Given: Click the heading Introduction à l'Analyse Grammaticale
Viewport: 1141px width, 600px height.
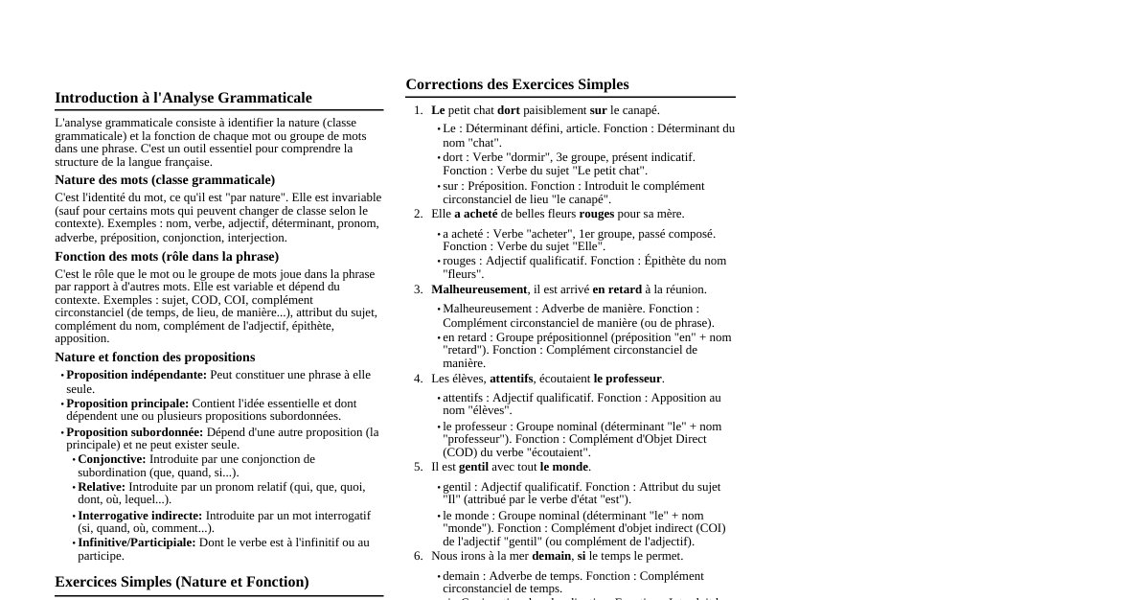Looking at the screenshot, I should (x=183, y=98).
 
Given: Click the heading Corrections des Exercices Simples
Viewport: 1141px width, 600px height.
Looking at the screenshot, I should (x=516, y=84).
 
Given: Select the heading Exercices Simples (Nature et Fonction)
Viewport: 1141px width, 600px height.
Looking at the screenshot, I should (x=181, y=582).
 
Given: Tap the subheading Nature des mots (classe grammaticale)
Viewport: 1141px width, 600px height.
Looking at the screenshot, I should (x=165, y=180).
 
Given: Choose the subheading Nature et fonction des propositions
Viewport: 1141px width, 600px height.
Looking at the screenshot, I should (x=154, y=358).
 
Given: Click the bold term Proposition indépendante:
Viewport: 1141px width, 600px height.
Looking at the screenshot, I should (x=136, y=375).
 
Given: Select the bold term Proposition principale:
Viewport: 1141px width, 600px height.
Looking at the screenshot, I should (x=127, y=404).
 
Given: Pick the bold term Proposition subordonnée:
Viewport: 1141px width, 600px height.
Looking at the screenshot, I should (x=134, y=432).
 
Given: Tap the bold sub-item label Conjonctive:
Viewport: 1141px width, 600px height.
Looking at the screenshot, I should (x=111, y=459).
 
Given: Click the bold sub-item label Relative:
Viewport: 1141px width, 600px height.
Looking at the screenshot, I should (x=101, y=487).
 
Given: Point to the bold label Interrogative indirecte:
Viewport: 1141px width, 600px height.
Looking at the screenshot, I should (x=140, y=516).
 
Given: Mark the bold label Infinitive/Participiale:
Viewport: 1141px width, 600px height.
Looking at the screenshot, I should (x=136, y=542).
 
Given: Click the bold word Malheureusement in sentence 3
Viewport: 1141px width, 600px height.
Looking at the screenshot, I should (x=479, y=289).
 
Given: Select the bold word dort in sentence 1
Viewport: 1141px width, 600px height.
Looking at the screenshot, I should (x=508, y=110).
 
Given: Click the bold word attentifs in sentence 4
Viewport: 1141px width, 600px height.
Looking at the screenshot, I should (x=511, y=379).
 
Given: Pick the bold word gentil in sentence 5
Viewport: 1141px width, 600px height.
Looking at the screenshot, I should (x=473, y=467).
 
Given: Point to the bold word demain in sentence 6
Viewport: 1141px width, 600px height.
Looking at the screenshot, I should (x=551, y=556).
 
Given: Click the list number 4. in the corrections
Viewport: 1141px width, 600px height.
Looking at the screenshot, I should (x=418, y=379).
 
